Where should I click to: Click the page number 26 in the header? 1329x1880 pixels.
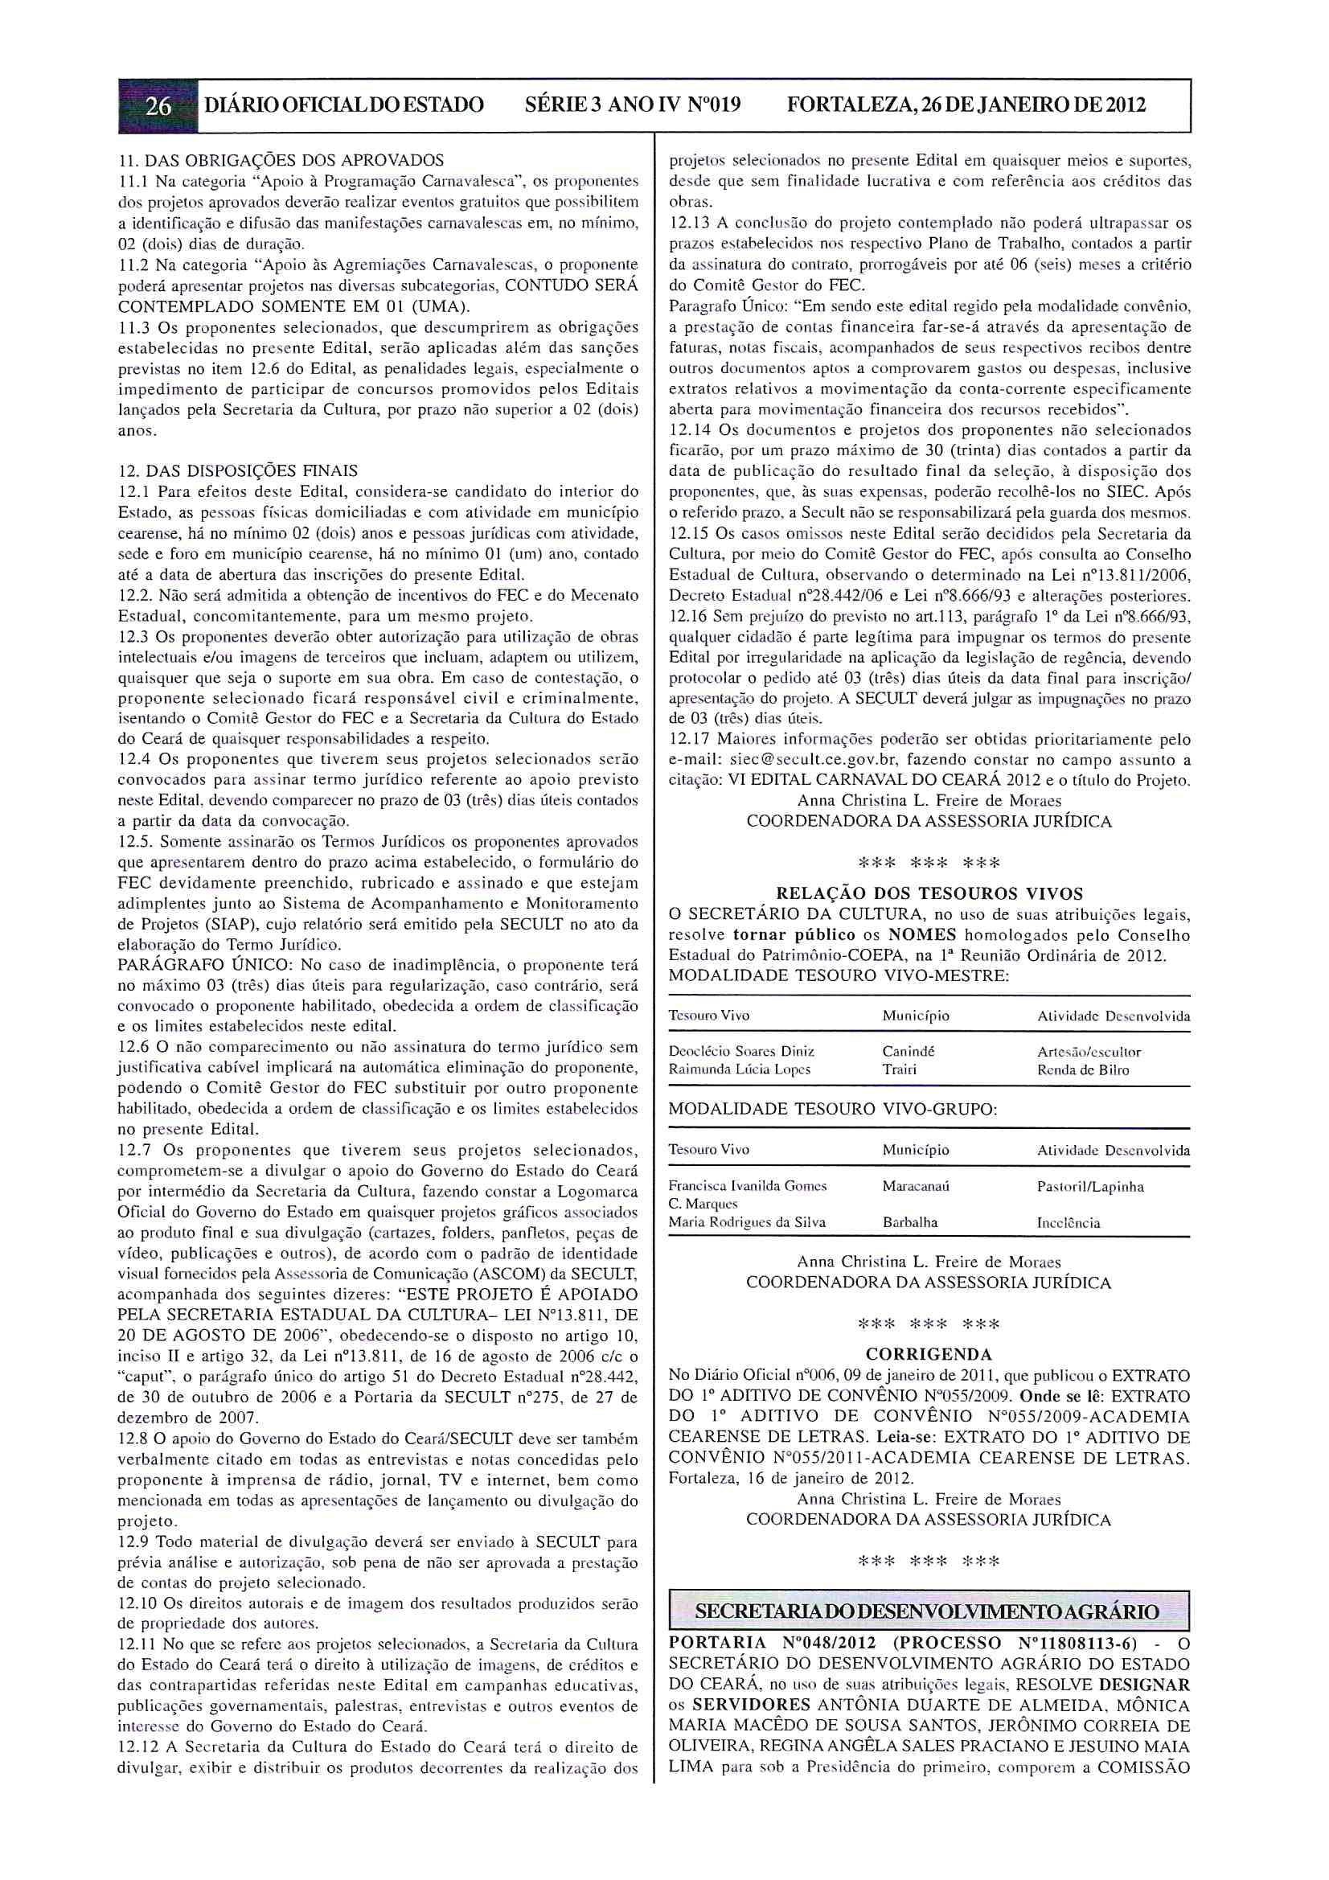tap(158, 105)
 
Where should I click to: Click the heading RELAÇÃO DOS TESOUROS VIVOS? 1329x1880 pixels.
tap(929, 893)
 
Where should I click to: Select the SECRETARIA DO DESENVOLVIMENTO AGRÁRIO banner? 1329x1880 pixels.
tap(929, 1612)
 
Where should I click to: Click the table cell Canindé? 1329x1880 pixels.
tap(908, 1051)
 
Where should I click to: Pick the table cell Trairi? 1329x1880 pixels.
tap(899, 1069)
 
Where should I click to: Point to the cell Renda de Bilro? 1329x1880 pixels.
tap(1082, 1069)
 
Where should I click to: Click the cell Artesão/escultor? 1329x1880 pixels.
tap(1089, 1051)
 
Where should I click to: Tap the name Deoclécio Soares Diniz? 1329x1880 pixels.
tap(741, 1051)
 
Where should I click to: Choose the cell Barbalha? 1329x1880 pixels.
tap(910, 1222)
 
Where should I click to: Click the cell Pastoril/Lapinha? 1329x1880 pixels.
tap(1090, 1187)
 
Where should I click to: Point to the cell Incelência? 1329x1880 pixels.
tap(1068, 1223)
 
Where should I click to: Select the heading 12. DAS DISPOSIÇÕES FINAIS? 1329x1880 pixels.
tap(237, 471)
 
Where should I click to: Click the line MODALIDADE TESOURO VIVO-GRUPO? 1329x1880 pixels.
tap(833, 1110)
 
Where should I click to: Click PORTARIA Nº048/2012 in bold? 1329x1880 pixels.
tap(772, 1644)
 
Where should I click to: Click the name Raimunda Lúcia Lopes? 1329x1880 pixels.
tap(740, 1069)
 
